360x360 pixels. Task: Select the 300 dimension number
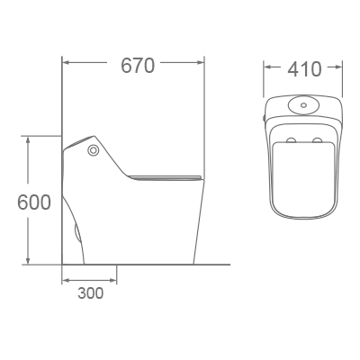coord(90,292)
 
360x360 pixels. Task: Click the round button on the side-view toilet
coord(93,150)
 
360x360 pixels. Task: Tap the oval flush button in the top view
coord(303,104)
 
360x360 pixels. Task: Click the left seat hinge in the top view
coord(292,140)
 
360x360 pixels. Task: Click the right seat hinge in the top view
coord(317,140)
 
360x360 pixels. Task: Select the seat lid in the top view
coord(304,175)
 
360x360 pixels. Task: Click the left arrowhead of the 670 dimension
coord(66,64)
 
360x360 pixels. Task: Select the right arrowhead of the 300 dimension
coord(113,280)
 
